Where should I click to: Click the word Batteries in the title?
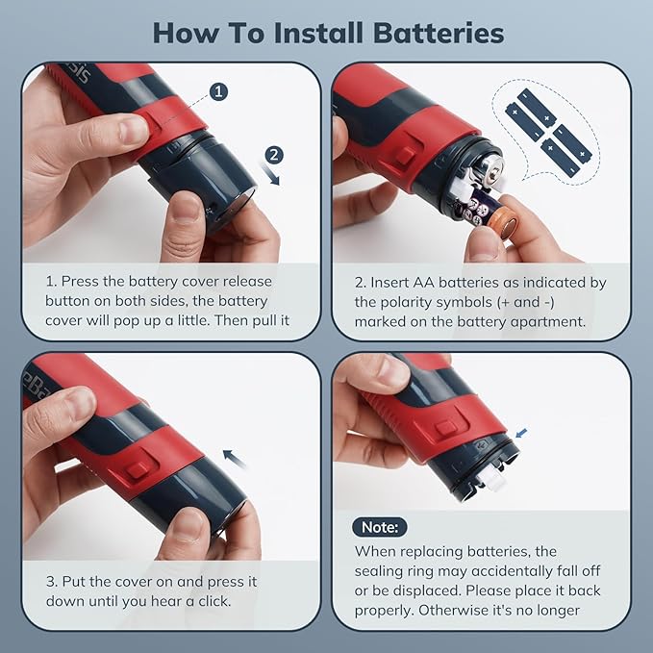tap(439, 33)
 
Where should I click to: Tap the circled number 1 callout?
tap(218, 91)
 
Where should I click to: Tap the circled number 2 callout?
tap(274, 155)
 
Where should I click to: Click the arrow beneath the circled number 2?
tap(270, 174)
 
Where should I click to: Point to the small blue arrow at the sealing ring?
tap(521, 433)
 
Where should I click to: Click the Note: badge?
tap(379, 527)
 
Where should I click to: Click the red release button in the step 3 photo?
tap(138, 470)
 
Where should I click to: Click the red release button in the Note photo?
tap(445, 428)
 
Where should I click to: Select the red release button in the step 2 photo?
tap(405, 156)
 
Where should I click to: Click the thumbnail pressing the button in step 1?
tap(133, 130)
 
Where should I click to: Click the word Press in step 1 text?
tap(80, 282)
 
